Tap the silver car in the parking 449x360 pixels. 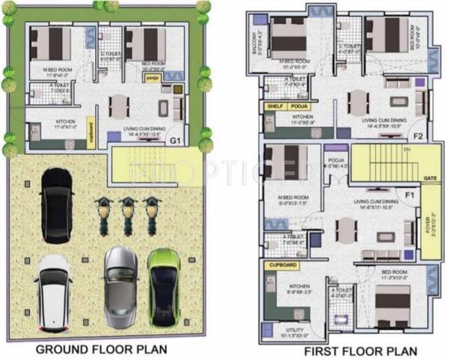(x=120, y=286)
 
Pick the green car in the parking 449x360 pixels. (x=164, y=285)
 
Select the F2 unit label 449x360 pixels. (x=418, y=136)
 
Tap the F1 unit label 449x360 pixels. (x=409, y=196)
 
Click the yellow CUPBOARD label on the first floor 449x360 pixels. (x=281, y=265)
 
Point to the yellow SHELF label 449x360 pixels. (x=274, y=107)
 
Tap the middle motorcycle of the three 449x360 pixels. (x=128, y=214)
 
